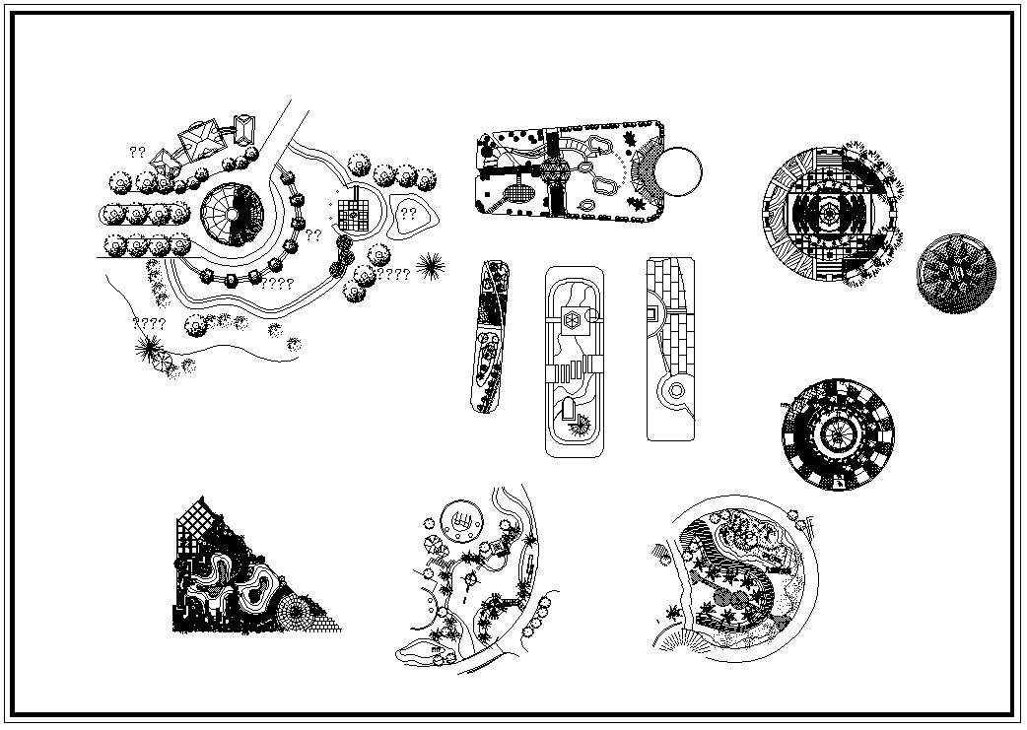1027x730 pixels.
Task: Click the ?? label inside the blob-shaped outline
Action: (409, 214)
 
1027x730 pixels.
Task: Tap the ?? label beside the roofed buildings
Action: (138, 153)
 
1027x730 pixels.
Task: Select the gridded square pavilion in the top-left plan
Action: (354, 213)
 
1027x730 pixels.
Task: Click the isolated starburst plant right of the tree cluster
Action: (431, 265)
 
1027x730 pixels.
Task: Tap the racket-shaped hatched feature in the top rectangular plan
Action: (515, 194)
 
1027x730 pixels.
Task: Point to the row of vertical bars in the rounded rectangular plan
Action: (575, 373)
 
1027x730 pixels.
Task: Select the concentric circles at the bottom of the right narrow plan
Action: (676, 391)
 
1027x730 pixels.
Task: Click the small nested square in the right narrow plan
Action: (651, 315)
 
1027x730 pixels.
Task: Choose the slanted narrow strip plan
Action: (489, 337)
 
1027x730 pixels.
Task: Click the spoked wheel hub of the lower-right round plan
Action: (837, 433)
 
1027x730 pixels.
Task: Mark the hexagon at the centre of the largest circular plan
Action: (830, 212)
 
